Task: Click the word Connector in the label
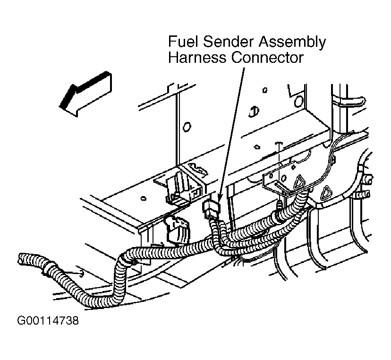[267, 58]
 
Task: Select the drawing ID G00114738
[48, 321]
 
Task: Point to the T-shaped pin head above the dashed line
[278, 144]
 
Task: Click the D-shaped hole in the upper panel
[254, 112]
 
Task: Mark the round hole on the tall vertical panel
[187, 127]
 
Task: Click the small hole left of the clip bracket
[143, 198]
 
